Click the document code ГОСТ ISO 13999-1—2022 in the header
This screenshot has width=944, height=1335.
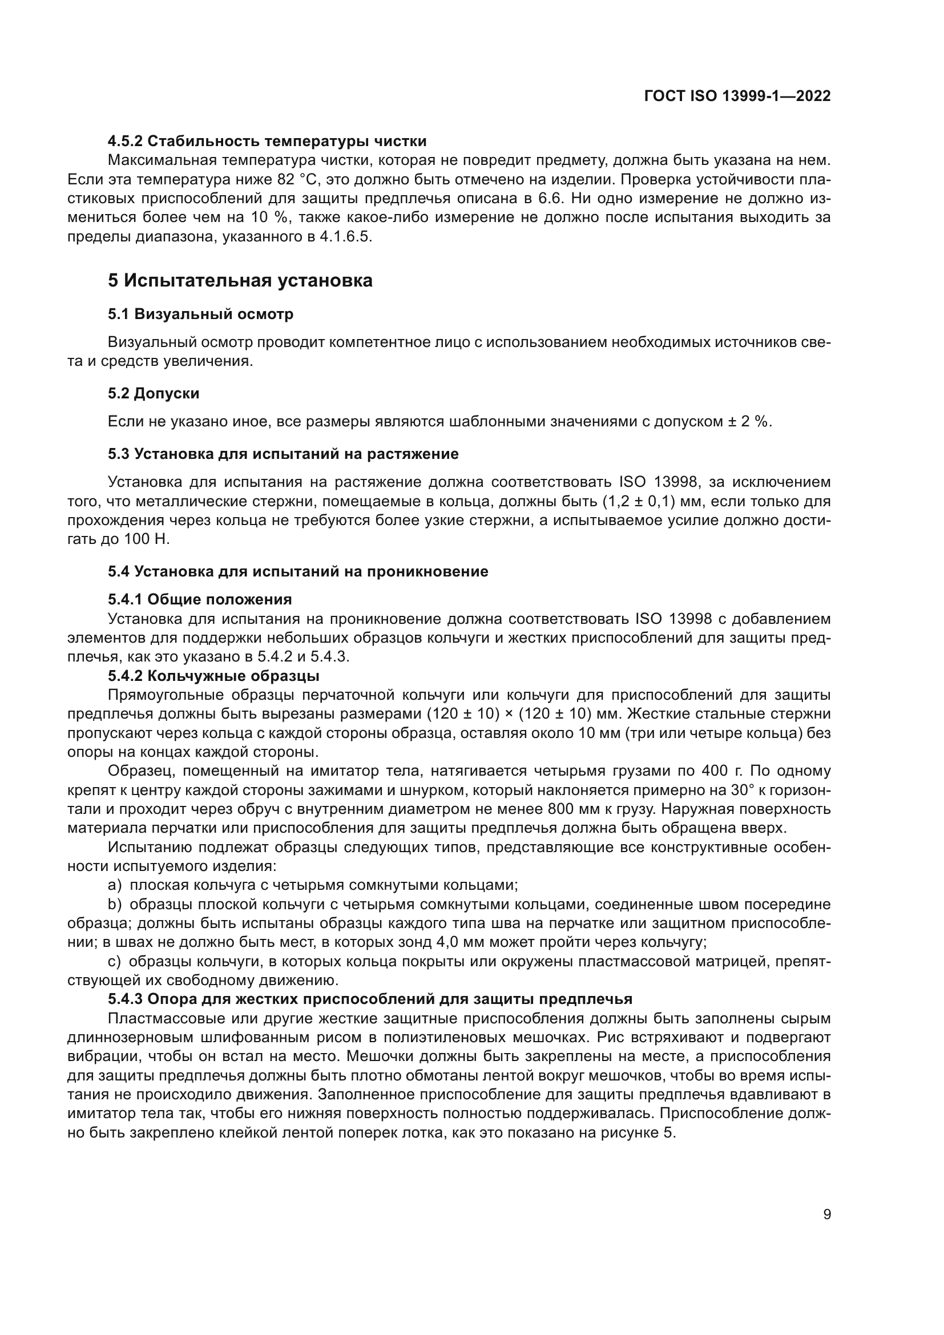point(737,96)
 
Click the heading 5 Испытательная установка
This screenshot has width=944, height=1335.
point(240,281)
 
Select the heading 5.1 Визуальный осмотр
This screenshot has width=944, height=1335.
point(200,314)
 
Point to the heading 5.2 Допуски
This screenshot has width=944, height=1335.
point(154,394)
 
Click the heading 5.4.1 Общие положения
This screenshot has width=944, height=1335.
point(200,599)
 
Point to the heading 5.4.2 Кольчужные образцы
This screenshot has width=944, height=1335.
point(213,676)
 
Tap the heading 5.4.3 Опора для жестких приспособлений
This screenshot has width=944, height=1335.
point(370,999)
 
